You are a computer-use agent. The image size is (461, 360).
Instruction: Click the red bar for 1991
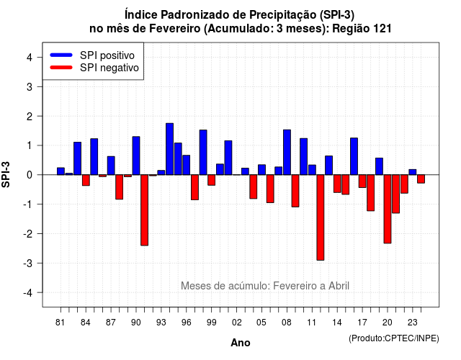click(x=144, y=210)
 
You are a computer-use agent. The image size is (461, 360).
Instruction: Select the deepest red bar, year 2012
click(x=321, y=217)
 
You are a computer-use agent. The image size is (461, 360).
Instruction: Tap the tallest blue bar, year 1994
click(x=170, y=149)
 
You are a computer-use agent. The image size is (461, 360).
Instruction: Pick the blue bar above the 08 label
click(x=287, y=152)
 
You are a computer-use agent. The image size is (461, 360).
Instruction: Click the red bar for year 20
click(x=388, y=209)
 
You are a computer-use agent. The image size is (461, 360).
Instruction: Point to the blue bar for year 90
click(x=136, y=156)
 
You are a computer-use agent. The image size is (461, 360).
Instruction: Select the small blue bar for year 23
click(x=413, y=172)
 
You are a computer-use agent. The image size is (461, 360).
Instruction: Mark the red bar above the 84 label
click(x=86, y=180)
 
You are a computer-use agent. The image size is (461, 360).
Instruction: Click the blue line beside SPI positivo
click(x=61, y=55)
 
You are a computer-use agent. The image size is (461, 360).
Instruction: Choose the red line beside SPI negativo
click(x=61, y=68)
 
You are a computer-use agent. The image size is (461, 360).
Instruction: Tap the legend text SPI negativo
click(x=109, y=68)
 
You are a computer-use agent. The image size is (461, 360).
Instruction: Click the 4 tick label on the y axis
click(x=30, y=58)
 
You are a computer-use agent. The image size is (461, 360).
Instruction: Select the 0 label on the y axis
click(x=30, y=175)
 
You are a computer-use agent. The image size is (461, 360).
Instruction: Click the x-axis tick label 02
click(x=237, y=323)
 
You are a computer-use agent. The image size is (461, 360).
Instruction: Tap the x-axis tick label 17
click(x=362, y=323)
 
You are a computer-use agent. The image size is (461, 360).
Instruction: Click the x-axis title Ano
click(x=241, y=343)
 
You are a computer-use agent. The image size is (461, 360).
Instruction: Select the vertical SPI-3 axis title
click(x=6, y=175)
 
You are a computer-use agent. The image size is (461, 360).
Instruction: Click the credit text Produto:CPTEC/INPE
click(x=394, y=338)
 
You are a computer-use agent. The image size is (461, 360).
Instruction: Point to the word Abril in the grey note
click(x=339, y=286)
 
